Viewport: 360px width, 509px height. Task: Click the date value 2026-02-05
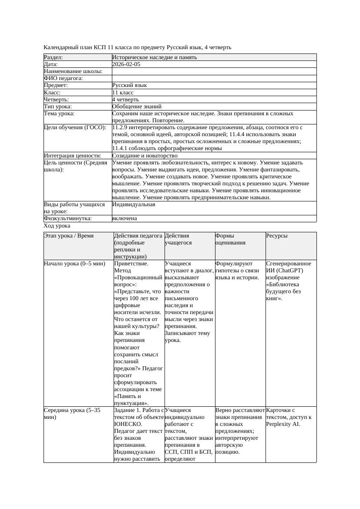(x=126, y=64)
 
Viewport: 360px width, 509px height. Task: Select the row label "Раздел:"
(x=54, y=57)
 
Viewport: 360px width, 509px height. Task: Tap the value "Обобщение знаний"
(x=137, y=107)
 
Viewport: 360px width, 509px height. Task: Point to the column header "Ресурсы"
(x=277, y=236)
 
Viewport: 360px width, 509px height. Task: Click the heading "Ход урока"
(x=57, y=226)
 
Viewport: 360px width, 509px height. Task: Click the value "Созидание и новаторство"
(x=145, y=156)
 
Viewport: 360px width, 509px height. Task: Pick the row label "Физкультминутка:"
(x=68, y=219)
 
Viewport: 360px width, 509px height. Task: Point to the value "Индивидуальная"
(x=134, y=204)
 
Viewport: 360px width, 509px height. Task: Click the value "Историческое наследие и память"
(x=155, y=57)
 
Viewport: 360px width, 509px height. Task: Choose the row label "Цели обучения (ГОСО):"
(x=75, y=128)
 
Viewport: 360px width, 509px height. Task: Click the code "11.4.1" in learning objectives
(x=121, y=148)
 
